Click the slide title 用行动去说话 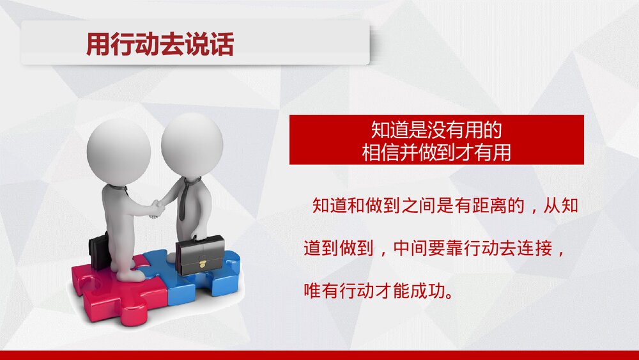[160, 45]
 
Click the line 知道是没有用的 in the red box [436, 130]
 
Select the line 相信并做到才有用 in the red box [436, 152]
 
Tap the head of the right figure [192, 141]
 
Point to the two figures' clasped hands [155, 208]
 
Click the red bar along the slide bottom [319, 355]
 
